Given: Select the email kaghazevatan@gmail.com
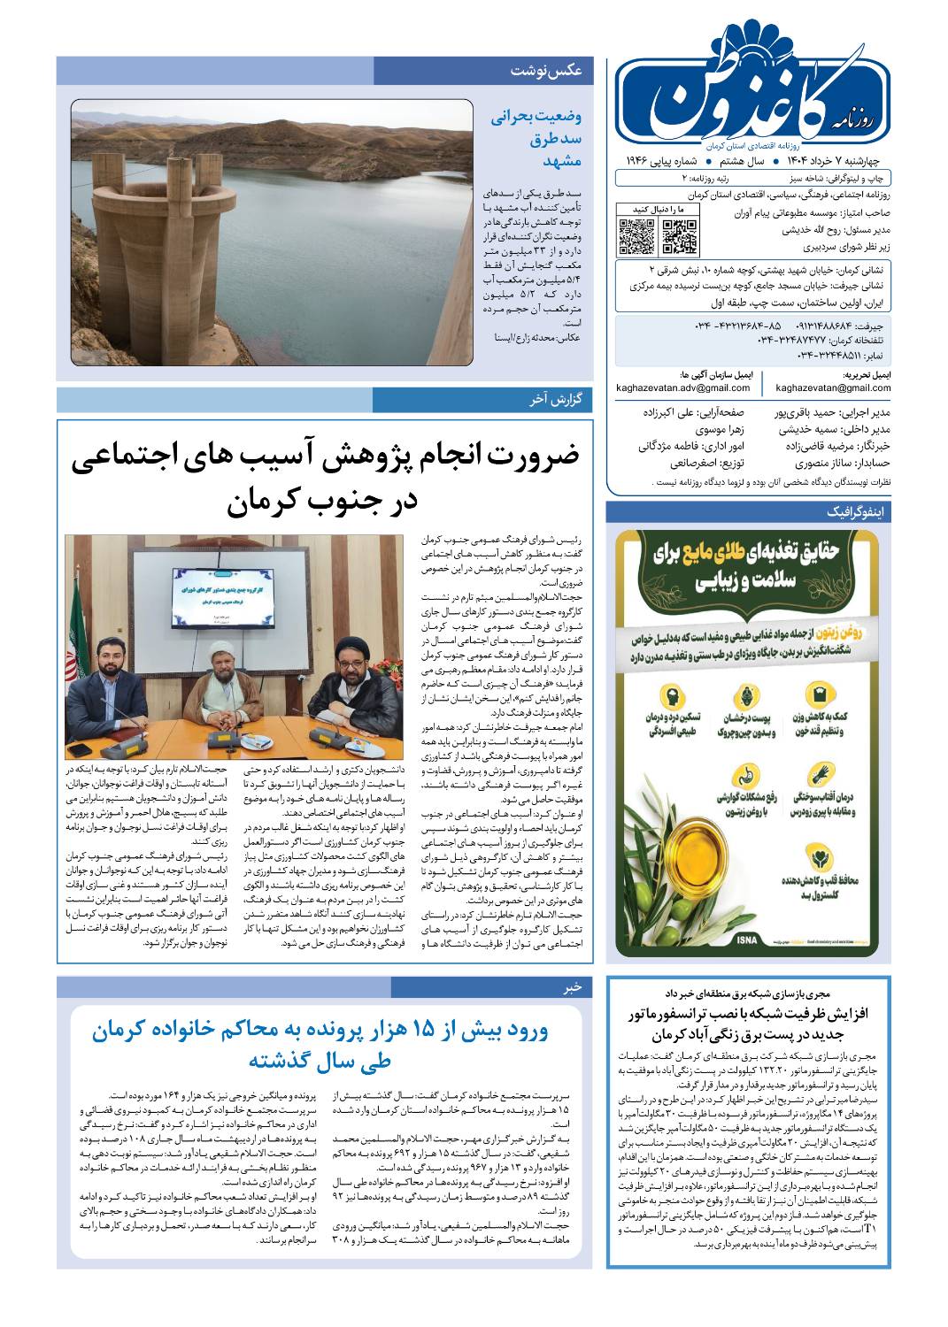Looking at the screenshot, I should [x=833, y=387].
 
